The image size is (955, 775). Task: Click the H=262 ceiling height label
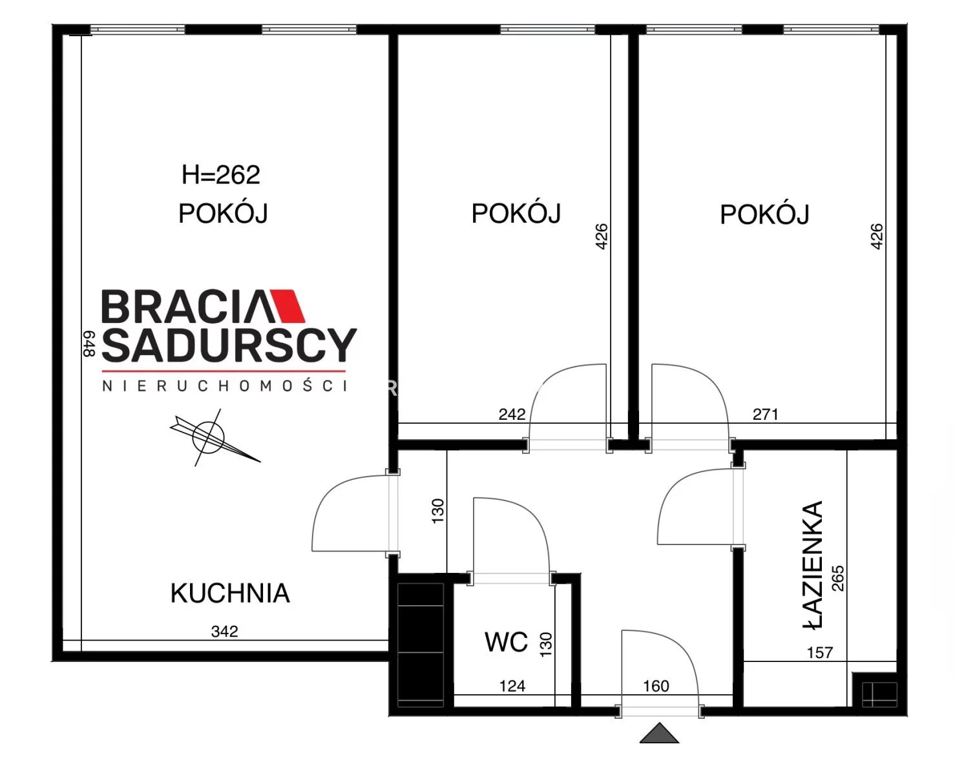[220, 175]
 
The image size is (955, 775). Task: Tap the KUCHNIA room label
[230, 594]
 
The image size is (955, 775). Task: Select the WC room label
[506, 642]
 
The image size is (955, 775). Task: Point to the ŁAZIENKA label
[813, 565]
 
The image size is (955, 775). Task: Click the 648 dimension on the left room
[89, 344]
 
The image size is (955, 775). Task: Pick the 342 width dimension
[225, 632]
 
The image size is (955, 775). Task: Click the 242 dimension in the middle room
[512, 415]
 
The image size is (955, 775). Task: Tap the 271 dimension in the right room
[765, 415]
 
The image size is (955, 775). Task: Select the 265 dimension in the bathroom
[837, 578]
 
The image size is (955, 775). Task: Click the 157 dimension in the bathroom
[820, 653]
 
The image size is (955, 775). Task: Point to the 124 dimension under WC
[512, 686]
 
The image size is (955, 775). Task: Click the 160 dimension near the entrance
[656, 686]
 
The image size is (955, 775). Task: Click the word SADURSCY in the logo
[229, 345]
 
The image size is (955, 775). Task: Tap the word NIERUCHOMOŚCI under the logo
[225, 386]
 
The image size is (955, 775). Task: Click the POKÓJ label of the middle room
[516, 213]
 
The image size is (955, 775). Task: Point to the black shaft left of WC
[421, 645]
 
